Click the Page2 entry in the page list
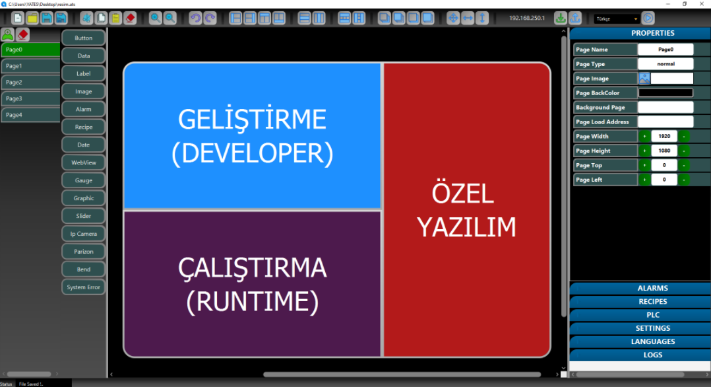tap(30, 82)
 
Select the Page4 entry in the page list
tap(30, 115)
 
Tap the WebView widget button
tap(83, 162)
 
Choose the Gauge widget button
tap(83, 180)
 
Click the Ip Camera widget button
tap(83, 234)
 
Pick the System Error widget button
tap(83, 287)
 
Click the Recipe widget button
tap(83, 127)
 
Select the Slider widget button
tap(83, 216)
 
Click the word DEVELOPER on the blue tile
tap(253, 153)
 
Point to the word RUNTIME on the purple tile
tap(253, 302)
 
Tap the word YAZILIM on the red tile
tap(466, 227)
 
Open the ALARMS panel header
tap(652, 288)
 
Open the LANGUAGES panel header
tap(652, 341)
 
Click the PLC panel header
tap(652, 315)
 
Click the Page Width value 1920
tap(664, 136)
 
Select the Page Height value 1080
tap(664, 151)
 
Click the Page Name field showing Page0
tap(665, 50)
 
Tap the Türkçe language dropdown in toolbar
tap(617, 18)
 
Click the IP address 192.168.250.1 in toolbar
tap(527, 18)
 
